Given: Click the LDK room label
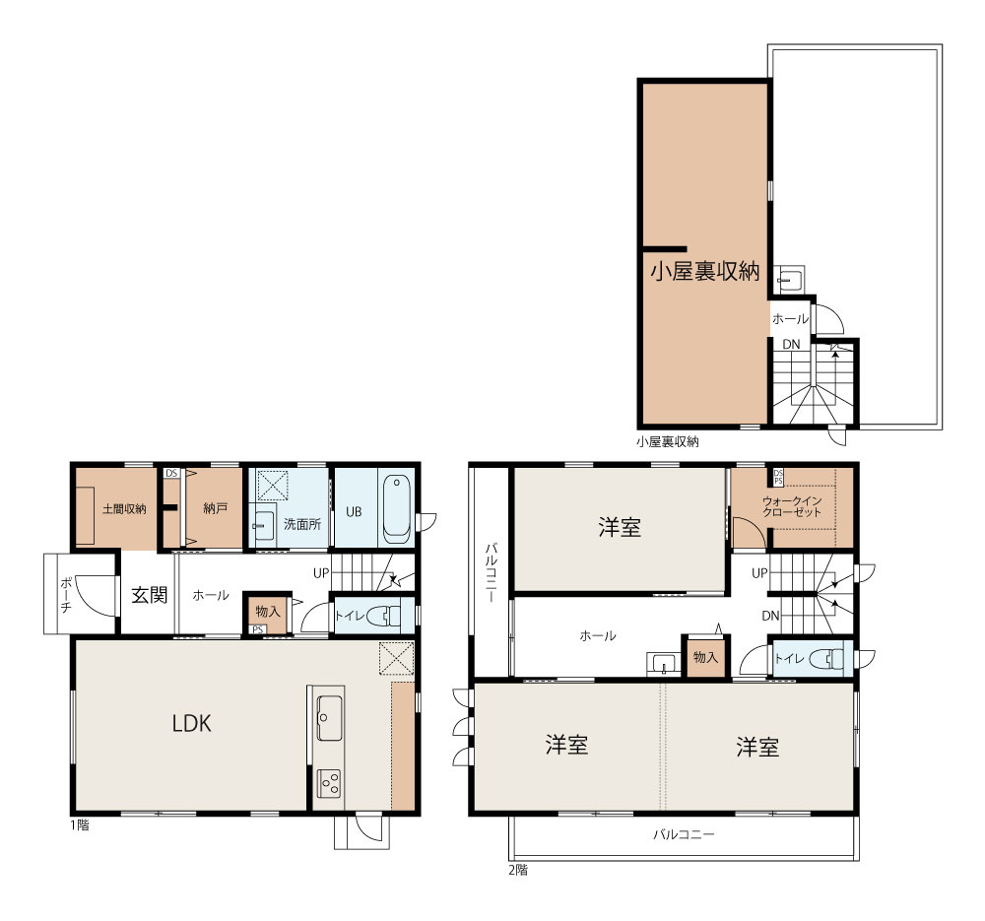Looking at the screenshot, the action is pos(192,723).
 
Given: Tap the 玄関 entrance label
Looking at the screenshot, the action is pos(150,594).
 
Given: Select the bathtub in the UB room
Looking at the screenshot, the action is pos(396,509).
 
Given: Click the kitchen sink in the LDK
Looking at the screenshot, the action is pos(330,717).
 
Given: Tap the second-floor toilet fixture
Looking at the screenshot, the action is pos(826,658).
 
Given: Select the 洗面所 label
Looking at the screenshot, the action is pos(302,524).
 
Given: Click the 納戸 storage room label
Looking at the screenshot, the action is pos(216,508).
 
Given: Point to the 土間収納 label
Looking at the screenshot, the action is pos(124,509).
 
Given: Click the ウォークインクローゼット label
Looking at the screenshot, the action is pos(792,506).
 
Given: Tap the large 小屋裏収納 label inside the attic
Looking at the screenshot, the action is pos(705,271).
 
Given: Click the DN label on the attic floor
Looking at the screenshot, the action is pos(791,345).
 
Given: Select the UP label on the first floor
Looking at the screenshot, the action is pos(321,573).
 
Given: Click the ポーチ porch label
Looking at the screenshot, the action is pos(66,594).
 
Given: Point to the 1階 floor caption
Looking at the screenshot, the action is pos(80,824).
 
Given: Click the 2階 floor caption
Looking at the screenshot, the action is pos(518,870).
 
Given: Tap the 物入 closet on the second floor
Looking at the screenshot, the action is pos(705,657).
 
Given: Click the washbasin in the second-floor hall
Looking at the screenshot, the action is pos(663,664).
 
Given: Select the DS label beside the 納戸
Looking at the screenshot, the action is pos(170,473).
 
